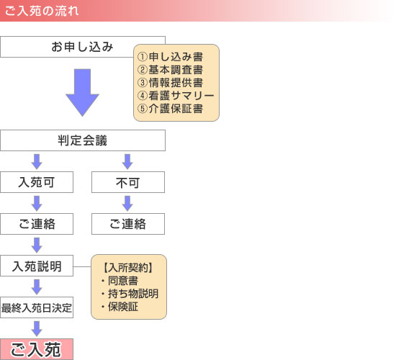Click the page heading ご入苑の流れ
pyautogui.click(x=42, y=11)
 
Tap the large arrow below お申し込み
pyautogui.click(x=82, y=92)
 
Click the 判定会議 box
pyautogui.click(x=83, y=140)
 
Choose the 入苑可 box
pyautogui.click(x=37, y=182)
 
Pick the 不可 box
pyautogui.click(x=128, y=182)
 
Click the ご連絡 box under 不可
pyautogui.click(x=128, y=224)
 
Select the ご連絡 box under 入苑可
pyautogui.click(x=37, y=224)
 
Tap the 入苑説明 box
pyautogui.click(x=37, y=266)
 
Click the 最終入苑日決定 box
pyautogui.click(x=37, y=307)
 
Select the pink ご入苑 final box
pyautogui.click(x=37, y=349)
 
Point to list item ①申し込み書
pyautogui.click(x=170, y=57)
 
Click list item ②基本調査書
pyautogui.click(x=170, y=70)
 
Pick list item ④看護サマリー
pyautogui.click(x=176, y=96)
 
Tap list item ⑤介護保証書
pyautogui.click(x=170, y=109)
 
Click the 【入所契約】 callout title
pyautogui.click(x=128, y=268)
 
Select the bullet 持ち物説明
pyautogui.click(x=130, y=294)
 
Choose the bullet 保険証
pyautogui.click(x=120, y=307)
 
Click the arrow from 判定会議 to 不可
pyautogui.click(x=127, y=162)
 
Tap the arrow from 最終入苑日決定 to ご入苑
pyautogui.click(x=37, y=328)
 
